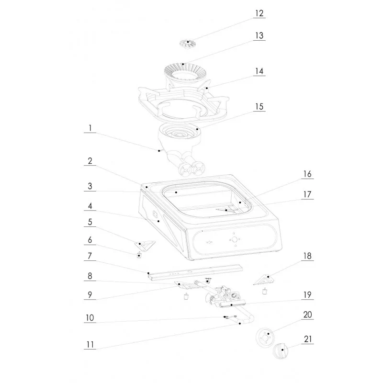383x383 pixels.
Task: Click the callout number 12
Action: click(x=259, y=13)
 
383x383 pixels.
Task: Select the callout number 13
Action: click(x=259, y=36)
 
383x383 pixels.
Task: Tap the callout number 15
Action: click(x=259, y=106)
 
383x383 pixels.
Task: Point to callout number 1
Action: click(x=89, y=128)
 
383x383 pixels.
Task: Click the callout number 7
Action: click(x=89, y=257)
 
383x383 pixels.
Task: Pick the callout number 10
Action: click(x=89, y=317)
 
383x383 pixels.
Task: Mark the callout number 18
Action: click(x=307, y=257)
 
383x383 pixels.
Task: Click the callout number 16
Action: click(x=307, y=175)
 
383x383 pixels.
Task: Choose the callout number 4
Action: click(x=89, y=207)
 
